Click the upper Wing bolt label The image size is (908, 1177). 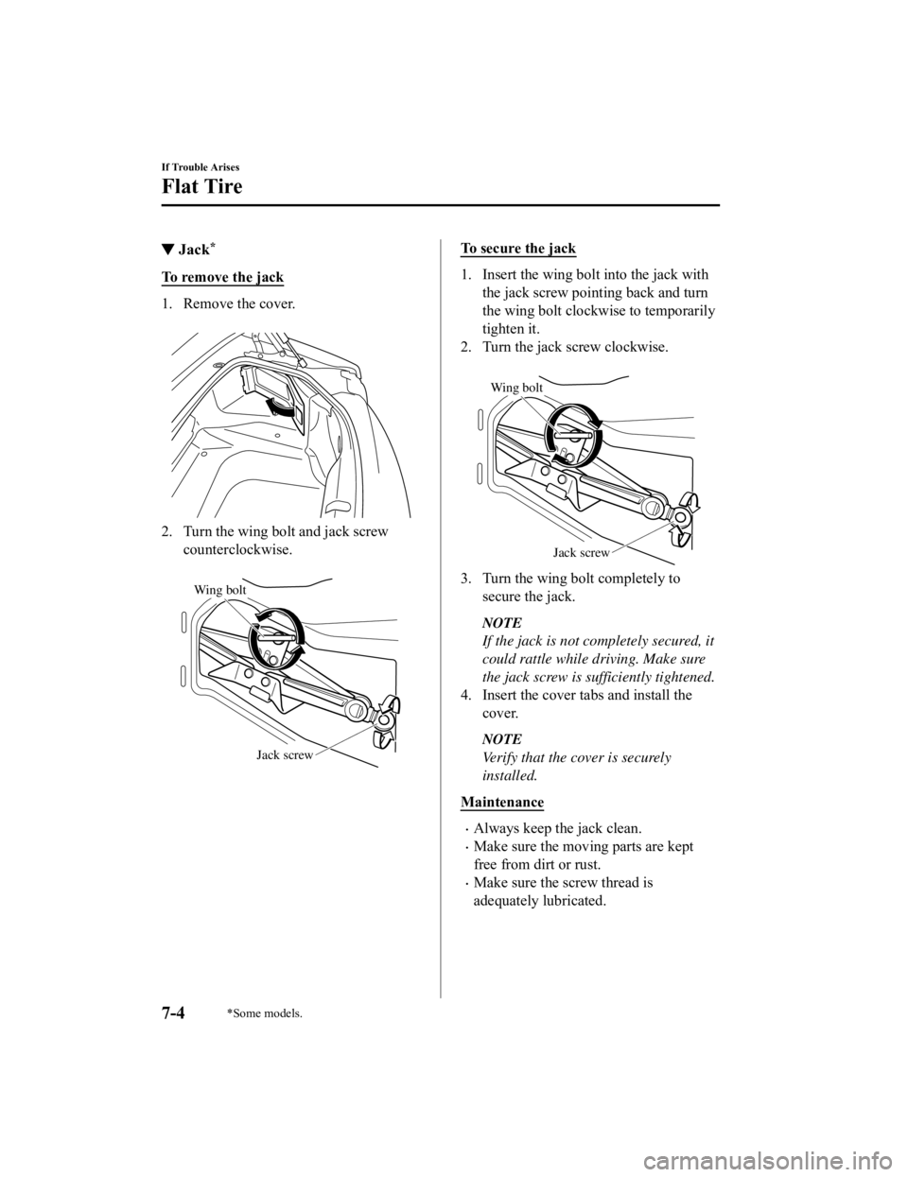point(516,386)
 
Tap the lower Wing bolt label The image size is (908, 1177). point(219,590)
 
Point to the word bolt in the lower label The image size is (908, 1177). point(236,590)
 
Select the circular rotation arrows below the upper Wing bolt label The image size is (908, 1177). point(574,435)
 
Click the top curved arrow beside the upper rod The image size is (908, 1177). point(691,501)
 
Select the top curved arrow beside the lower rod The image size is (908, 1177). point(387,703)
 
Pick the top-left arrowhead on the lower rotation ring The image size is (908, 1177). point(258,616)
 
